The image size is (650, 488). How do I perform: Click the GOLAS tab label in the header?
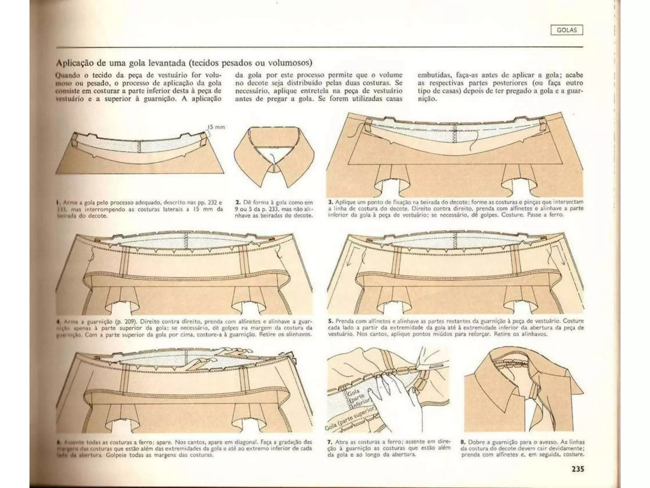tap(567, 30)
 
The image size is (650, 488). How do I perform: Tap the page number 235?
tap(575, 469)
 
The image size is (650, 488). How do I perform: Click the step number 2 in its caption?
tap(238, 202)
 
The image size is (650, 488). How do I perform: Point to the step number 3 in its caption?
tap(330, 202)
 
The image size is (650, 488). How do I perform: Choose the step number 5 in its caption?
tap(330, 321)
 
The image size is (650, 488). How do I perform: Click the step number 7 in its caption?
tap(329, 442)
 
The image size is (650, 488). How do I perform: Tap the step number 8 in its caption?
tap(462, 442)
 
